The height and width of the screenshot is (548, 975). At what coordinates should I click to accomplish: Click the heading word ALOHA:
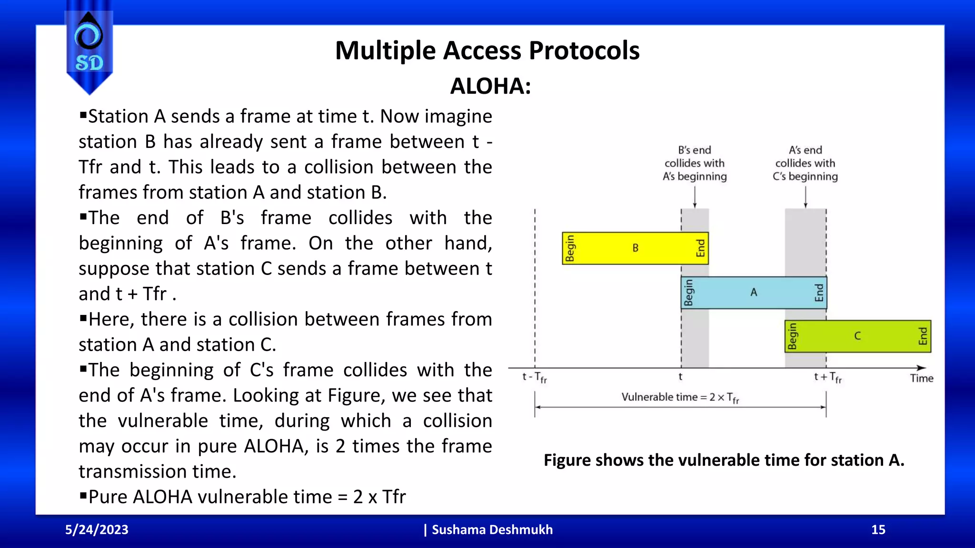490,87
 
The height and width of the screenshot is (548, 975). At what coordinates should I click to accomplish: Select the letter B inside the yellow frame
635,248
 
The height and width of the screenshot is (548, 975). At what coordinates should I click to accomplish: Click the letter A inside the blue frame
754,292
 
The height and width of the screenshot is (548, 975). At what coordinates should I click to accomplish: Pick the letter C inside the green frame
857,336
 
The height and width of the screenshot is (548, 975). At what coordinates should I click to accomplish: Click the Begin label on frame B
570,248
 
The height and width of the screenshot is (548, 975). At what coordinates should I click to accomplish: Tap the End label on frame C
923,336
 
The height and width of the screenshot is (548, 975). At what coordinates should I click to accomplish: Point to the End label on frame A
819,293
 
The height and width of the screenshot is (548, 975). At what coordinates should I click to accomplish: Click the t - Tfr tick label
535,377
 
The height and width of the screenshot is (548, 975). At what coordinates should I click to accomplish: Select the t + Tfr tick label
828,377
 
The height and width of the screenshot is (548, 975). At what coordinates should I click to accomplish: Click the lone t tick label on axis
680,377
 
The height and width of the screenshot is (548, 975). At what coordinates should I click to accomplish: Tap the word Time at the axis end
921,378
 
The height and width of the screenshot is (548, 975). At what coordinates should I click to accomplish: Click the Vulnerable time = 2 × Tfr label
680,397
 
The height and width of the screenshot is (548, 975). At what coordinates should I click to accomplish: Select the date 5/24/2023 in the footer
97,529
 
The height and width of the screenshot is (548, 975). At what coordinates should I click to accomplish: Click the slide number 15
878,529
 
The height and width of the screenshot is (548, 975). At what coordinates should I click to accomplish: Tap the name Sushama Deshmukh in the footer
492,529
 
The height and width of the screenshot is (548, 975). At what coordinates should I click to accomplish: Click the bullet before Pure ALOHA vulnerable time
83,496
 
